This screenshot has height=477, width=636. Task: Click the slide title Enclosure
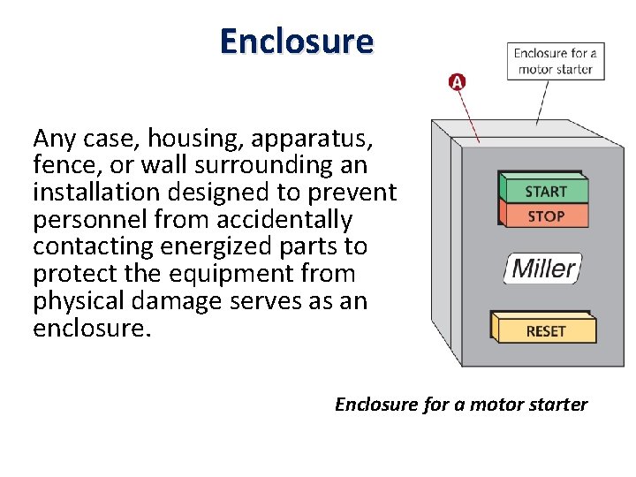coord(297,41)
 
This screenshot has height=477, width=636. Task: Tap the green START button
coord(545,191)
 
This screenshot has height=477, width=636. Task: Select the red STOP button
coord(545,216)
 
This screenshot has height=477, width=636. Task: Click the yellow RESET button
coord(545,330)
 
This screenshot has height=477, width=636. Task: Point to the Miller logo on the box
coord(543,268)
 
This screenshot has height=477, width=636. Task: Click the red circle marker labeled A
coord(457,82)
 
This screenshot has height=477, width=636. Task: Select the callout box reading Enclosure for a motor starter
coord(555,60)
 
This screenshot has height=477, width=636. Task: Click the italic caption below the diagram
coord(460,404)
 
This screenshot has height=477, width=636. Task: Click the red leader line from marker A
coord(469,116)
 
